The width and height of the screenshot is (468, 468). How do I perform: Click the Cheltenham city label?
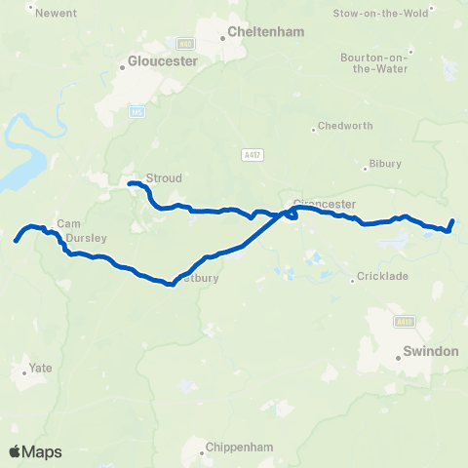coord(266,32)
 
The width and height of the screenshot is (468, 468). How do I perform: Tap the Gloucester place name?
coord(164,60)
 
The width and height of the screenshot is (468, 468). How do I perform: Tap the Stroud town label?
coord(163,178)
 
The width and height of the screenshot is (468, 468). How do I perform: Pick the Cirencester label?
coord(325,205)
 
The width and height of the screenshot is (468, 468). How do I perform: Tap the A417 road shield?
coord(253,154)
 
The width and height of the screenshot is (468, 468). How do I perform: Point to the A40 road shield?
coord(185,43)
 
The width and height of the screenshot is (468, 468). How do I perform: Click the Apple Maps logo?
coord(34,451)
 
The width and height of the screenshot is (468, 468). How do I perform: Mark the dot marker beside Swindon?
coord(399,358)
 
